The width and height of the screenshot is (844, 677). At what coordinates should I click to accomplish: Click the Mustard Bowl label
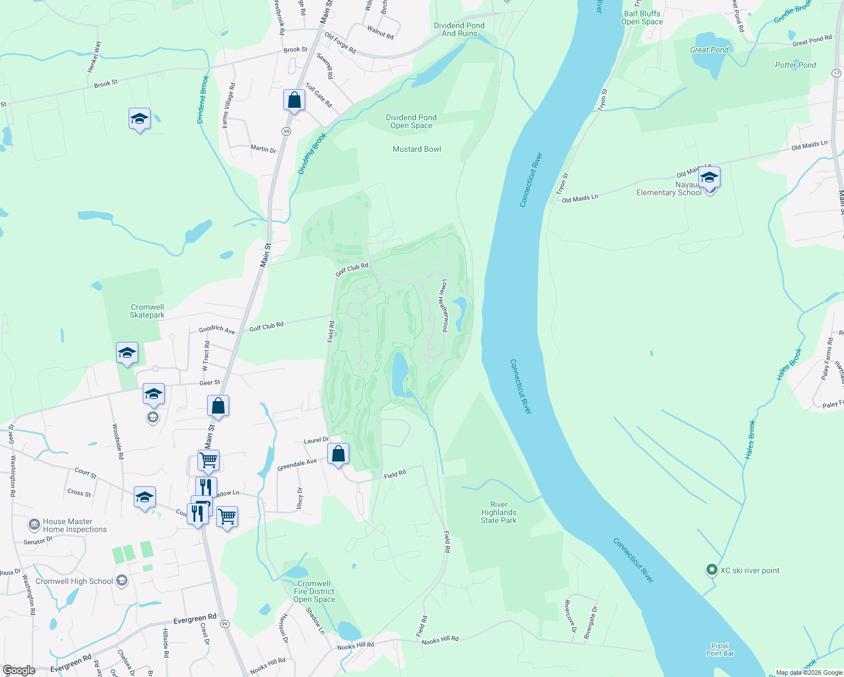coord(417,149)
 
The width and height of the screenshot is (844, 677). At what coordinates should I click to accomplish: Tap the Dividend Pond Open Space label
coord(411,121)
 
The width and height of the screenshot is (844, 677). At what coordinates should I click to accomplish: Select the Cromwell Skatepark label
coord(147,311)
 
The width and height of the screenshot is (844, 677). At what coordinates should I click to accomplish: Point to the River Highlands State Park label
coord(499,512)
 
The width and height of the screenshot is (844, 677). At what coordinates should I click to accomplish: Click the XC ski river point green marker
coord(712,570)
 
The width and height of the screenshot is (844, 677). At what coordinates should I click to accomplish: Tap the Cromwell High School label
coord(74,581)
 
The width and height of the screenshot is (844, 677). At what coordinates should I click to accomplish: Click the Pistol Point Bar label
coord(720,649)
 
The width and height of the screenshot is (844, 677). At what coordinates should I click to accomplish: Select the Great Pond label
coord(709,50)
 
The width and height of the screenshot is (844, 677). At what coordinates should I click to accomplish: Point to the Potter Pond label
coord(795,65)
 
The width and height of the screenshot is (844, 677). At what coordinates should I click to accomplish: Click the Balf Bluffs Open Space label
coord(642,17)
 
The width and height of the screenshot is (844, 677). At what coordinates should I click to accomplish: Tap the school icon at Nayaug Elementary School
coord(709,179)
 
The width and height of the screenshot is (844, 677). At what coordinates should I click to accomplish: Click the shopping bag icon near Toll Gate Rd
coord(294,100)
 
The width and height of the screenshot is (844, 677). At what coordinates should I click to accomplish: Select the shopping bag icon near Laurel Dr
coord(338,454)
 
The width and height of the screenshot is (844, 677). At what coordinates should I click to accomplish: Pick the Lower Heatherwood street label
coord(445,305)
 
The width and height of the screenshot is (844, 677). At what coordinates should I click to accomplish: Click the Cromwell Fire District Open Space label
coord(314,591)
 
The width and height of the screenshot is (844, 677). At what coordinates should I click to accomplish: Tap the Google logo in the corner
coord(19,670)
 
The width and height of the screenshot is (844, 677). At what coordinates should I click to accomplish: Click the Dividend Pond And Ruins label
coord(459,29)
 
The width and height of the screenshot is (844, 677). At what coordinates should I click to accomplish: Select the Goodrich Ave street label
coord(217,329)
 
